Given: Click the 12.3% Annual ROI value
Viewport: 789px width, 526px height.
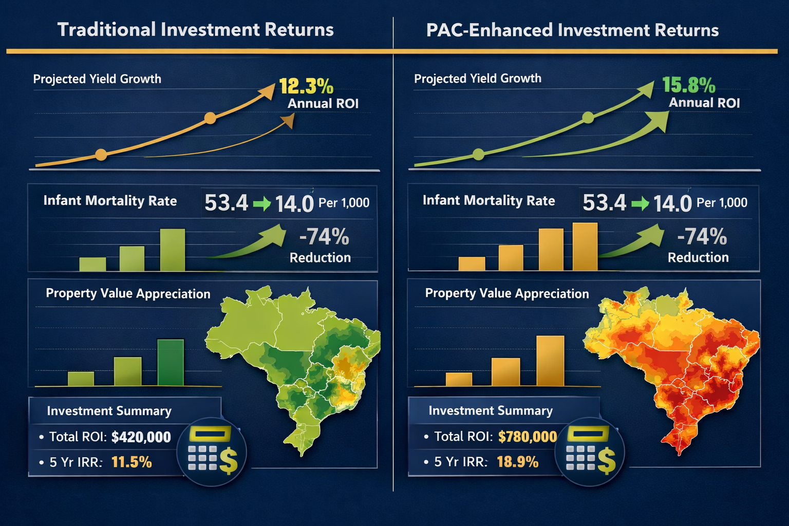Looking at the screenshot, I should [306, 86].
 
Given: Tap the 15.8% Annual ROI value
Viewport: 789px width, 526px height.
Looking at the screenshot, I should [688, 85].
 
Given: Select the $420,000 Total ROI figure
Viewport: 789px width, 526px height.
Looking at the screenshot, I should [141, 437].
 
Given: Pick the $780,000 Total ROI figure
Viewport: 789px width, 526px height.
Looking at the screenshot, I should [527, 437].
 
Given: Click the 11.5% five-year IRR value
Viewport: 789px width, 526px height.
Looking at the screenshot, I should [131, 462].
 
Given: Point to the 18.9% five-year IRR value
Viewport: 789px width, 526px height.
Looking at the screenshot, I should [517, 462].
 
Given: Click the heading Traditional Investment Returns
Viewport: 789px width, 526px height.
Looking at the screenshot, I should [195, 30].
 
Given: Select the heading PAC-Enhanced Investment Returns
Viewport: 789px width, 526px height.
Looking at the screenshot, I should [572, 30].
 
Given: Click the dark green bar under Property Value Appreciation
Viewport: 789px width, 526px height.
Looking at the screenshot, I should [171, 362].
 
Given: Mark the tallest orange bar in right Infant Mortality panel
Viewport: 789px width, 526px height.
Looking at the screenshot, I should [585, 247].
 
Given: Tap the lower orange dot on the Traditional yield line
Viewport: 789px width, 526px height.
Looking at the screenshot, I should [101, 155].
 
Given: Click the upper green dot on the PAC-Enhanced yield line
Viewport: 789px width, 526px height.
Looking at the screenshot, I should [588, 118].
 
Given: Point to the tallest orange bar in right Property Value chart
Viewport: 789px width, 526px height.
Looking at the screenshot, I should [550, 360].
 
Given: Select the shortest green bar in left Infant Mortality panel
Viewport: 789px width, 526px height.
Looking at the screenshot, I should [92, 264].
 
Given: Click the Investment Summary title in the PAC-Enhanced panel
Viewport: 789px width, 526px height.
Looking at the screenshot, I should [491, 411].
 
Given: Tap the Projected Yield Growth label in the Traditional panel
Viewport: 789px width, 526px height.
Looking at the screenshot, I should [97, 79].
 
